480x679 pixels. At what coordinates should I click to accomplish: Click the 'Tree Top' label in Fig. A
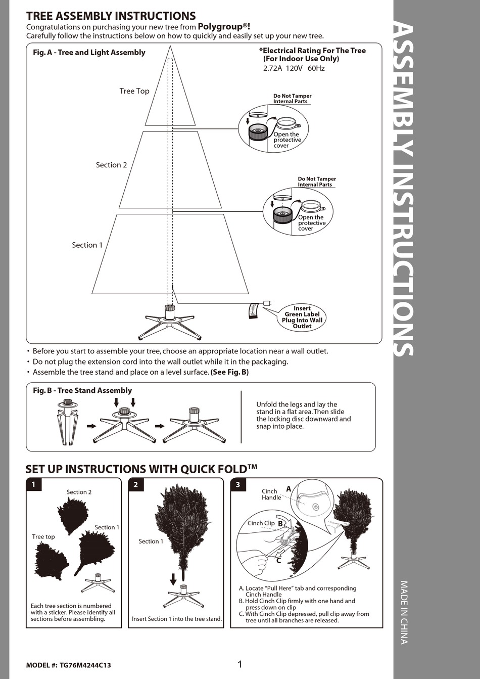(x=134, y=91)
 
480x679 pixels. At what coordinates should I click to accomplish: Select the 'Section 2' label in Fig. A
(x=111, y=165)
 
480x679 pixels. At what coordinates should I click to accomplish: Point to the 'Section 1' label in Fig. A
(x=87, y=245)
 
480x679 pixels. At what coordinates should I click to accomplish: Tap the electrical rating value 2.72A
(x=272, y=68)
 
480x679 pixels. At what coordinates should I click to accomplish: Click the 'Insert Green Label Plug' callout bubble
(x=302, y=318)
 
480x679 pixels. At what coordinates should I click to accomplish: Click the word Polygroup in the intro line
(x=221, y=27)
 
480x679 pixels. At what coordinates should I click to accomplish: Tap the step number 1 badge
(x=34, y=484)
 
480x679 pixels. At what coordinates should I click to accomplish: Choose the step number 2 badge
(x=136, y=484)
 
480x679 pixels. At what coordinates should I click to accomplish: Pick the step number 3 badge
(x=238, y=484)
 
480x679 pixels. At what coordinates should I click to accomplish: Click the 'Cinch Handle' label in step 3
(x=271, y=494)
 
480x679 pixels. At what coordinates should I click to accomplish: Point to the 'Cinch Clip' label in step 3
(x=261, y=523)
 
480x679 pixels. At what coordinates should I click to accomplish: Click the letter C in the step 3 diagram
(x=278, y=560)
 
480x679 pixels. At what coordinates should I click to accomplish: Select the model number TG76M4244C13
(x=85, y=665)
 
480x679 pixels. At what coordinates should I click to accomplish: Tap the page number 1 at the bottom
(x=240, y=664)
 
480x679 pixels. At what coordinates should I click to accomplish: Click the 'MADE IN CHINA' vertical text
(x=404, y=612)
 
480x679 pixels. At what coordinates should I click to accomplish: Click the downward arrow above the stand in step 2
(x=173, y=579)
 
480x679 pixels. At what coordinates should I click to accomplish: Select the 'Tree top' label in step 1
(x=43, y=537)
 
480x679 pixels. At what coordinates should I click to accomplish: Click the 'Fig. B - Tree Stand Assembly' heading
(x=82, y=390)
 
